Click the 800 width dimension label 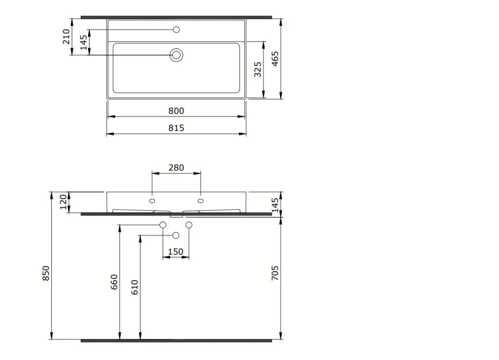pos(176,111)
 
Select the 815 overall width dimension pos(176,128)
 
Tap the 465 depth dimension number pos(275,58)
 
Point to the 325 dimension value pos(258,69)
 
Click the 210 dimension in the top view pos(66,36)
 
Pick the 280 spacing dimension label pos(176,167)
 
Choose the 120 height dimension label pos(64,202)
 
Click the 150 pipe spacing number pos(176,252)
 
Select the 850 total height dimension pos(46,273)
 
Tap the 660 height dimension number pos(114,282)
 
